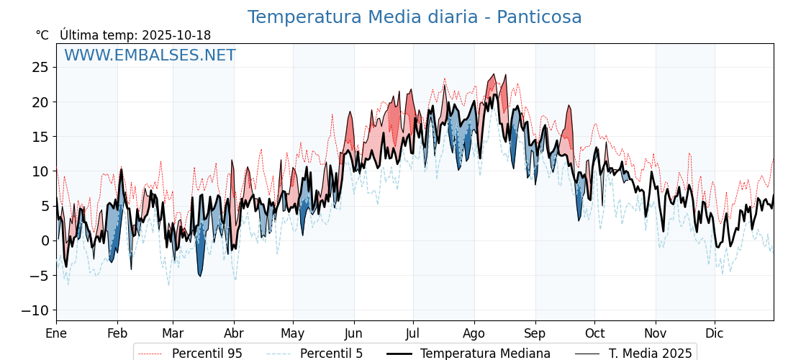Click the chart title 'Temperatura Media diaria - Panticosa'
tap(415, 17)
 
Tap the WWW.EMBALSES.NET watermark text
tap(150, 55)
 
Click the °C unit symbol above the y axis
tap(42, 35)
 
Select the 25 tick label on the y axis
tap(40, 67)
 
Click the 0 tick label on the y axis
tap(45, 240)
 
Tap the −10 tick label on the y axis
tap(35, 310)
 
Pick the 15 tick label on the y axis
tap(40, 137)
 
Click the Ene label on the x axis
tap(56, 333)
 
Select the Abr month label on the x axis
tap(234, 333)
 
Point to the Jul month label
tap(413, 333)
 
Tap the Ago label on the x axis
tap(474, 333)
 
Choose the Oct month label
tap(594, 333)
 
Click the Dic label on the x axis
tap(715, 333)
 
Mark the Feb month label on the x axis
tap(117, 333)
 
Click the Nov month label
tap(656, 333)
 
